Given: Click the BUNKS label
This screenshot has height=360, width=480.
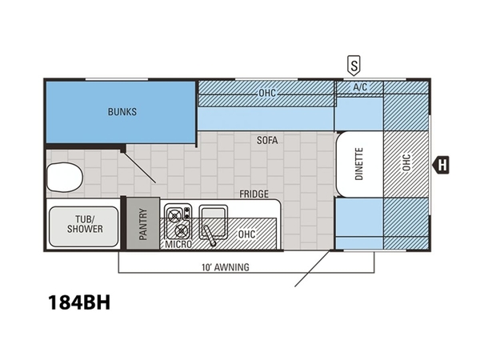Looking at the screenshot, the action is point(122,112).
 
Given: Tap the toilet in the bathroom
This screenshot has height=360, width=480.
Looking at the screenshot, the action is point(65,178).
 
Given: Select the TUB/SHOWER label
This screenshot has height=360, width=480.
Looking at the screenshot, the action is point(85,224).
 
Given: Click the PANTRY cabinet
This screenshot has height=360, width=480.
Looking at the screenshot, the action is point(143,223).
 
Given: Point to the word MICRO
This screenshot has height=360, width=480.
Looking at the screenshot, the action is point(178,244).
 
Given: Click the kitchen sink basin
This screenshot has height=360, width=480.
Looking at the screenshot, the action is point(214,222).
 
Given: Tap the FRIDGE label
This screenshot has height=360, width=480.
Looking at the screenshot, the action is point(254,194).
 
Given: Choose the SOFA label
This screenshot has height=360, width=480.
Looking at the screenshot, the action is point(267,140).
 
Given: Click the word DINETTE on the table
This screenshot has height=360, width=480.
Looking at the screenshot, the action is point(359,164).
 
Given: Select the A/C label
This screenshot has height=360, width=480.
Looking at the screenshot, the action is point(360,87).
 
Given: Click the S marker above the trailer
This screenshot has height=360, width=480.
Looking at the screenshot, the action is point(354,66).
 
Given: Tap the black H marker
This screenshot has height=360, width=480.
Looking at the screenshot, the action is point(441,165).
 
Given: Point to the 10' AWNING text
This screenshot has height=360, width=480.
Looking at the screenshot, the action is point(226,267).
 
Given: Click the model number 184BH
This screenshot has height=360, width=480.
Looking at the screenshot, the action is point(79,302).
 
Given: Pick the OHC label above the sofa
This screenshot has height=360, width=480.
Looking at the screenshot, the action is point(267,93).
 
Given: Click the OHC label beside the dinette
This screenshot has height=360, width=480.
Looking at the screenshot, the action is point(406,162).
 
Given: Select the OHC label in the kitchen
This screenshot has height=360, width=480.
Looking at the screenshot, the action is point(246,234).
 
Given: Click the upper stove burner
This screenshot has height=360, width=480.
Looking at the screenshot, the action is point(174,215).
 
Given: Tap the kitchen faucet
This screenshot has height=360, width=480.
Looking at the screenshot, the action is point(210,236).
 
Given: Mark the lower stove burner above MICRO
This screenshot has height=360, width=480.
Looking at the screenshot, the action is point(181,230).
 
